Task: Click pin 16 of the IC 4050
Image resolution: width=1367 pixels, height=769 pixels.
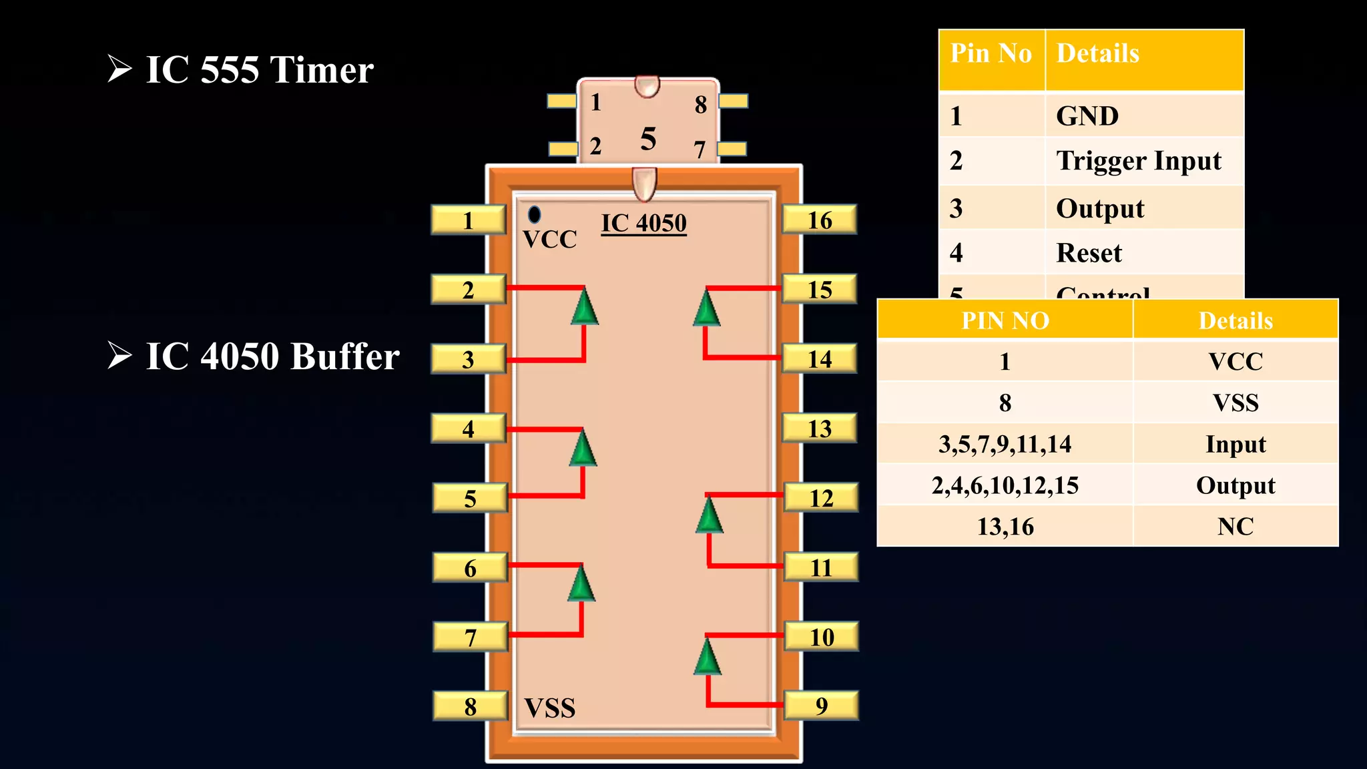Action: click(819, 220)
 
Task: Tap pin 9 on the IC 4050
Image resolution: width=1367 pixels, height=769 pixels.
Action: click(821, 706)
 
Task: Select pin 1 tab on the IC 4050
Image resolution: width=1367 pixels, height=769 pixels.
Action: click(468, 220)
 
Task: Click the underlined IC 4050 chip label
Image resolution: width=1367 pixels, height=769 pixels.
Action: click(643, 223)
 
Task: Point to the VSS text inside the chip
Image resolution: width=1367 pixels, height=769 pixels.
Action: click(549, 708)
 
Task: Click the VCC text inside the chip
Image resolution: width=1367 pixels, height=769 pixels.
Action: click(549, 239)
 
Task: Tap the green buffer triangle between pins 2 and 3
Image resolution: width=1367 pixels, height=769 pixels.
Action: click(585, 308)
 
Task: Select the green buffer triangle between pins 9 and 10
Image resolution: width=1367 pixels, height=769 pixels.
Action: click(708, 658)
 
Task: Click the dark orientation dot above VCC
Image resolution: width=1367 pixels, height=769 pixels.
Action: click(534, 214)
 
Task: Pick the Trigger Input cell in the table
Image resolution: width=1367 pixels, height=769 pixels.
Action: click(1138, 161)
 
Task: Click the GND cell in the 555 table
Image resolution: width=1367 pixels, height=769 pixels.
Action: click(1087, 116)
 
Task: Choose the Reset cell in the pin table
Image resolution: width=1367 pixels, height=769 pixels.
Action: click(1089, 253)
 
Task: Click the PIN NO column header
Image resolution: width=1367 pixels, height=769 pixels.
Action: click(1005, 320)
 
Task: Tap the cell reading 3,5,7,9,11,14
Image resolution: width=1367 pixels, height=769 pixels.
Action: click(1005, 444)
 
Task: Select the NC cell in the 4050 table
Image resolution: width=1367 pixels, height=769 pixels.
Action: click(1235, 527)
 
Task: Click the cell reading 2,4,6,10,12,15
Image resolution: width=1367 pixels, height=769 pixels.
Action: click(1005, 485)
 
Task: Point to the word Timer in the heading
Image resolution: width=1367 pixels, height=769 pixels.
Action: click(322, 69)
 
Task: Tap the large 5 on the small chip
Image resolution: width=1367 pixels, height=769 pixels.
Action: click(648, 139)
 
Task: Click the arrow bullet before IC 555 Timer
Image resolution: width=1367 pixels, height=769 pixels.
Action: click(119, 69)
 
